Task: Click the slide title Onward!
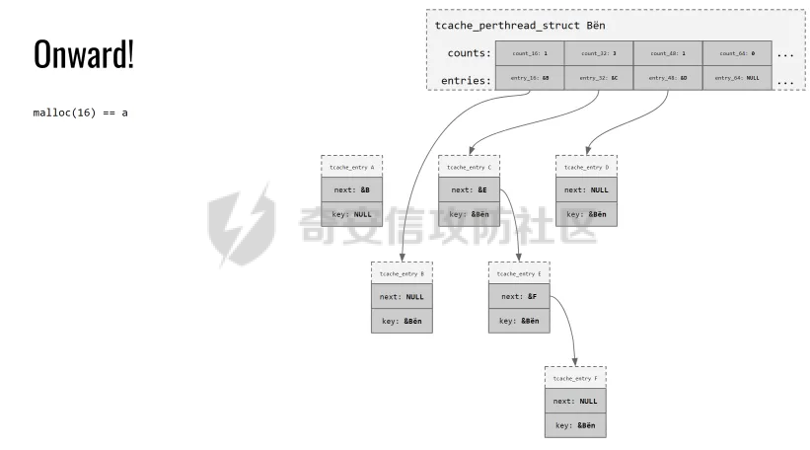84,55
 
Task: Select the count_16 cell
529,52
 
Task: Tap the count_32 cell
598,52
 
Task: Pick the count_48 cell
667,52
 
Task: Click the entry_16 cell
529,77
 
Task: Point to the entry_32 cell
598,77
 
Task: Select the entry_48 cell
667,77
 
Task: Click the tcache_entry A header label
351,167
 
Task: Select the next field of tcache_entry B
401,295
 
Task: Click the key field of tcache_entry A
351,214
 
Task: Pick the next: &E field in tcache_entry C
469,190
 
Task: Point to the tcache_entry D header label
586,167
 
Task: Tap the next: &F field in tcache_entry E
519,296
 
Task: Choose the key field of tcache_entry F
575,425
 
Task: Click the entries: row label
465,78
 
